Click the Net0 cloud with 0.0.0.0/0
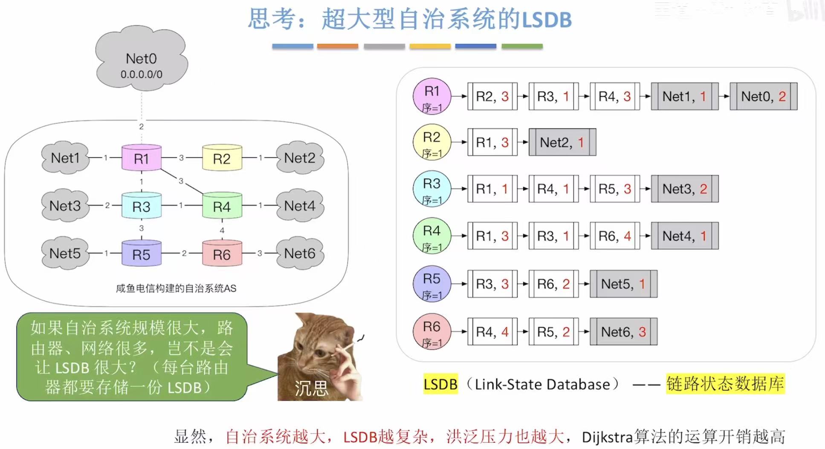point(141,60)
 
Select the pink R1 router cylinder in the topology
point(141,158)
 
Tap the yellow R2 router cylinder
point(222,158)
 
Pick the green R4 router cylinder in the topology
point(222,206)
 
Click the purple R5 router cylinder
point(141,254)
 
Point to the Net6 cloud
point(300,253)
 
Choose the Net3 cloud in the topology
point(65,206)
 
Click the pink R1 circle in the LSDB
point(432,96)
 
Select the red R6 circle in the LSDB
point(432,331)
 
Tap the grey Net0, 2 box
point(763,96)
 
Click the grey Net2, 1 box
point(562,142)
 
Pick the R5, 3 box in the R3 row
point(614,189)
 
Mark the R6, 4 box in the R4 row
point(614,236)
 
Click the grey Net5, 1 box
point(623,284)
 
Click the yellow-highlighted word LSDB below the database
point(440,384)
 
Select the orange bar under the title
point(337,46)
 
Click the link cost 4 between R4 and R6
point(222,230)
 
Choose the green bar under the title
point(522,46)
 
